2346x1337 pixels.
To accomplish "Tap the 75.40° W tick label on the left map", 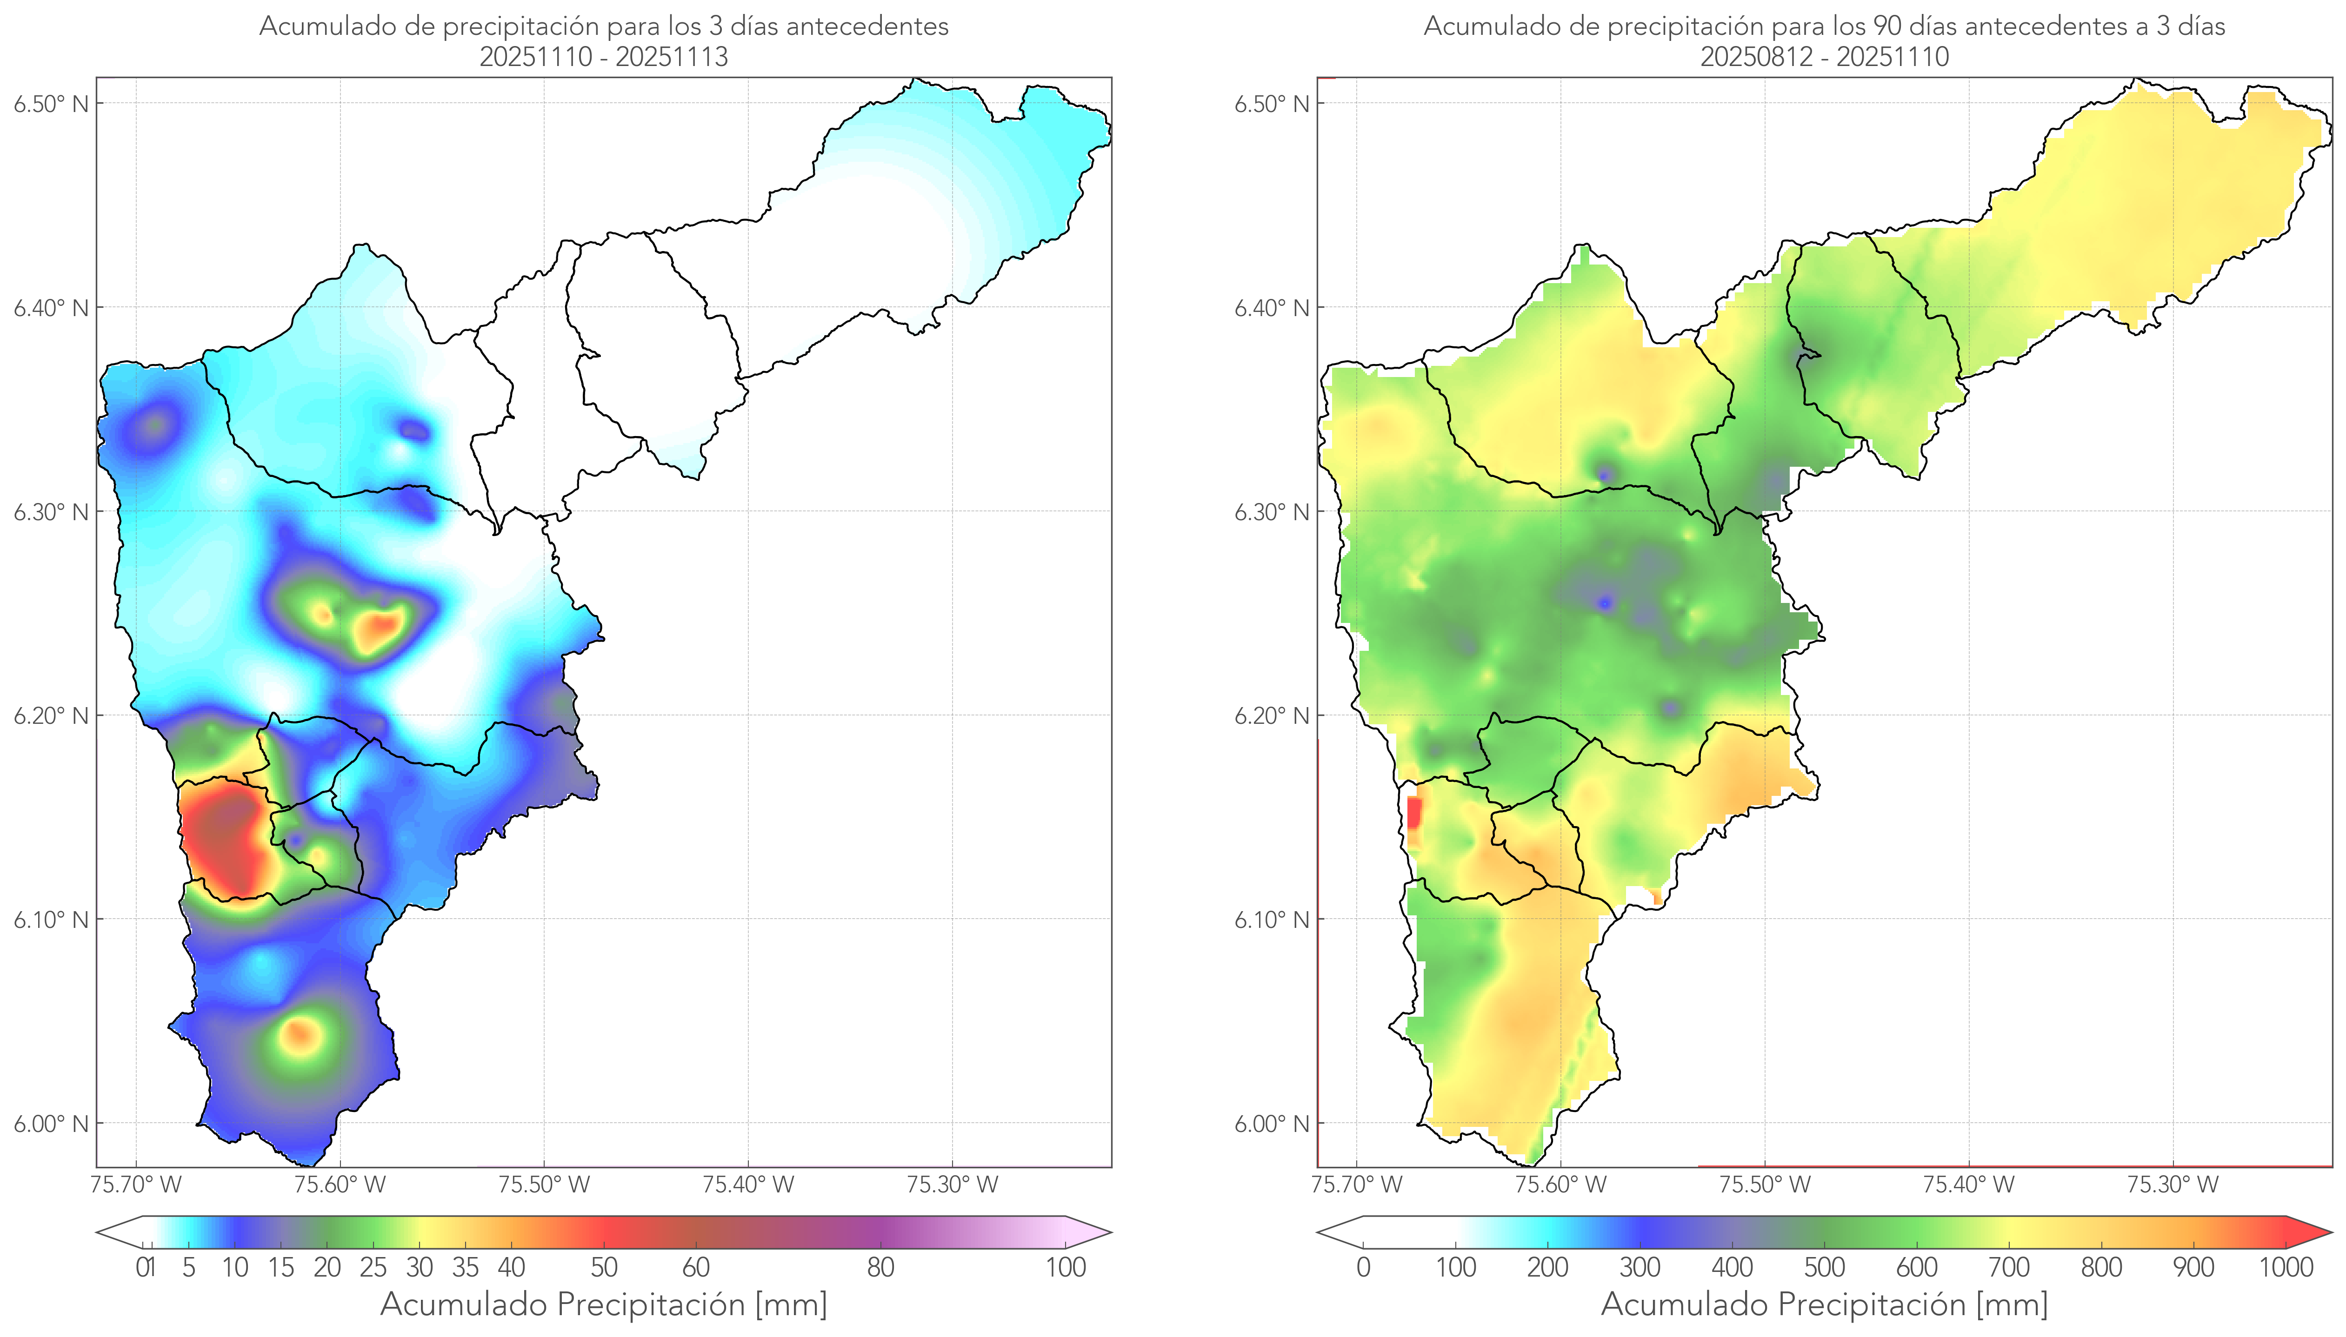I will tap(748, 1185).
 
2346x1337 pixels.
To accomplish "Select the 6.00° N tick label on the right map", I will tap(1271, 1124).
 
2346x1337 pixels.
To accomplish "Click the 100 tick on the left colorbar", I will tap(1066, 1267).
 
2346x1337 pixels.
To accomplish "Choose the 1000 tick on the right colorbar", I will tap(2286, 1267).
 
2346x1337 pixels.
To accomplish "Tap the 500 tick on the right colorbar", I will tap(1824, 1267).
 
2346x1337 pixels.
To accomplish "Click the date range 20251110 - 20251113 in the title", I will tap(604, 57).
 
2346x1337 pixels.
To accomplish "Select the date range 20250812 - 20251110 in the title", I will tap(1824, 57).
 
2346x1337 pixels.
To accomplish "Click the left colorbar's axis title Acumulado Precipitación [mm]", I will tap(604, 1304).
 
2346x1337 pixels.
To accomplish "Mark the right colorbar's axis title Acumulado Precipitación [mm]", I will tap(1824, 1304).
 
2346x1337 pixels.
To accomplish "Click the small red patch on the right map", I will tap(1413, 813).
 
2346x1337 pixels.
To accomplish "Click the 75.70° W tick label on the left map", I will tap(136, 1185).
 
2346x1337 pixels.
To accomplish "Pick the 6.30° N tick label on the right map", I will tap(1271, 511).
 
